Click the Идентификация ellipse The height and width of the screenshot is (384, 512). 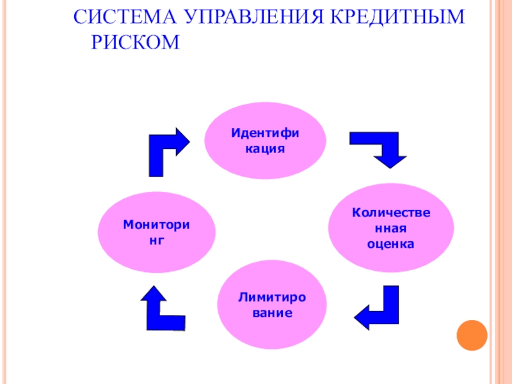tap(265, 140)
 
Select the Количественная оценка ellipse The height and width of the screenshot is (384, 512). tap(391, 227)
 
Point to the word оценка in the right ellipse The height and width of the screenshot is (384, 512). tap(391, 244)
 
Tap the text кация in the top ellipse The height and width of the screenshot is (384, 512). tap(265, 148)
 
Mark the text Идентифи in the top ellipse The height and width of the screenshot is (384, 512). tap(265, 132)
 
